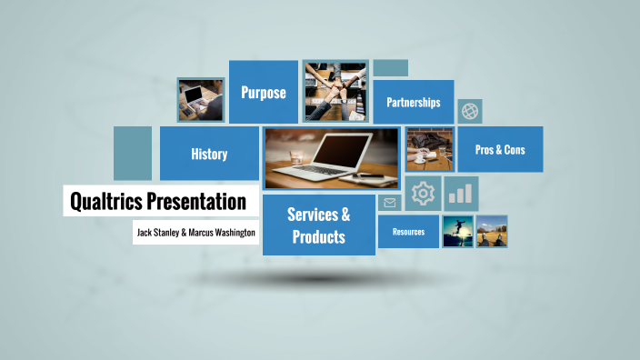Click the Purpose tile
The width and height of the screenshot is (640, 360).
coord(264,92)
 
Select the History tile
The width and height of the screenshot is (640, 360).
coord(209,154)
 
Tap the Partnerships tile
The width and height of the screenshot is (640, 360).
coord(413,102)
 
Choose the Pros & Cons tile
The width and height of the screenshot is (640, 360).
coord(500,149)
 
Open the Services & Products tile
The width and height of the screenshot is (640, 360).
coord(318,225)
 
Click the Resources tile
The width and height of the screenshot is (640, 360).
coord(408,232)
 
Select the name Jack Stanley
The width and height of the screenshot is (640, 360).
coord(157,232)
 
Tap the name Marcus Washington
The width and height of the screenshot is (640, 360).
coord(222,232)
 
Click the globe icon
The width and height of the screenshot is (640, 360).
coord(470,111)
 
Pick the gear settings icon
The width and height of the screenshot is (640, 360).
coord(424,193)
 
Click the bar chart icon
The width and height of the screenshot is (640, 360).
coord(462,193)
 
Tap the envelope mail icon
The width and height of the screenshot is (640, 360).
coord(390,203)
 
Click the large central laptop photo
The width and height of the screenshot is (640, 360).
coord(331,158)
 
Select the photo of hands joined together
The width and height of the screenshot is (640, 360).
coord(335,92)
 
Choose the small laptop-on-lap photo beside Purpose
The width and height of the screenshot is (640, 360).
coord(200,99)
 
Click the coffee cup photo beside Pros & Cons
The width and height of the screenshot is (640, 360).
coord(429,149)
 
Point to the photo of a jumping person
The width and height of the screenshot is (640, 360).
coord(457,232)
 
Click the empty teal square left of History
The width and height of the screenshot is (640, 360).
coord(133,153)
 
